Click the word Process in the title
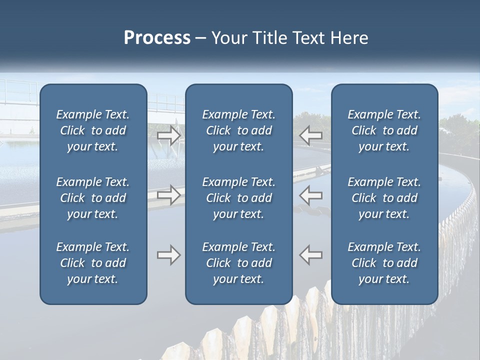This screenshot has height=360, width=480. (157, 38)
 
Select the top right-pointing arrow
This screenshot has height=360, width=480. (169, 135)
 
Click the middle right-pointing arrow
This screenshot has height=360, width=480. (169, 195)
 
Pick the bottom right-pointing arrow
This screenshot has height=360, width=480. (169, 255)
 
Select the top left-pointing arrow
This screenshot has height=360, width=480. (311, 135)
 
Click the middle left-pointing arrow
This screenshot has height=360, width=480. (311, 195)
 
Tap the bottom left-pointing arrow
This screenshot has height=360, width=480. (311, 255)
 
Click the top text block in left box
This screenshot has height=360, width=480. (93, 130)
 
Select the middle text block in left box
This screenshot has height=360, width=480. (93, 198)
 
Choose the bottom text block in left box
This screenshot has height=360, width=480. (93, 263)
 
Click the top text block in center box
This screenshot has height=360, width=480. (239, 130)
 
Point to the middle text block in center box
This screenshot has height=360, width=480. (239, 198)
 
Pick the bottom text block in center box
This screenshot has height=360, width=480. (239, 263)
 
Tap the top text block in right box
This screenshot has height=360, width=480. (384, 130)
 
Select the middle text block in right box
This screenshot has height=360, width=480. (384, 198)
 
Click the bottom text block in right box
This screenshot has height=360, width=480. (384, 263)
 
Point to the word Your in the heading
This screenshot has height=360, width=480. (228, 38)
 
